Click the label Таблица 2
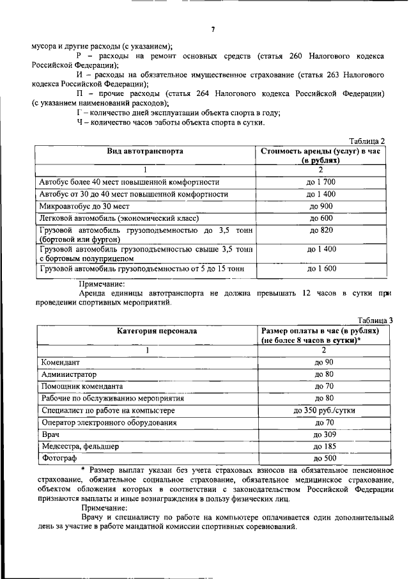pyautogui.click(x=371, y=141)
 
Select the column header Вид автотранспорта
pyautogui.click(x=146, y=152)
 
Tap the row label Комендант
pyautogui.click(x=60, y=362)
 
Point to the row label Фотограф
pyautogui.click(x=58, y=459)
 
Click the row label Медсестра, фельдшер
pyautogui.click(x=79, y=447)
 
